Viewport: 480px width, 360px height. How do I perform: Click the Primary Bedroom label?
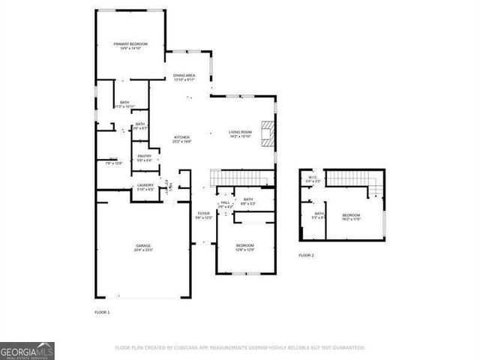pyautogui.click(x=130, y=44)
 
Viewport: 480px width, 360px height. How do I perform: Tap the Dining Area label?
pyautogui.click(x=184, y=76)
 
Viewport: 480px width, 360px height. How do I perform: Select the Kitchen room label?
pyautogui.click(x=181, y=137)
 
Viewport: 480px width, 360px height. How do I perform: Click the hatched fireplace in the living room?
pyautogui.click(x=268, y=132)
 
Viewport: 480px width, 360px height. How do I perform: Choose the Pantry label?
pyautogui.click(x=144, y=156)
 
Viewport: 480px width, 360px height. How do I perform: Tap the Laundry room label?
pyautogui.click(x=145, y=185)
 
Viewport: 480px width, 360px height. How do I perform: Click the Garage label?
pyautogui.click(x=143, y=246)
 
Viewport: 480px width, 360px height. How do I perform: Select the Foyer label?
pyautogui.click(x=203, y=214)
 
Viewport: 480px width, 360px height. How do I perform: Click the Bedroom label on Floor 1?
pyautogui.click(x=245, y=245)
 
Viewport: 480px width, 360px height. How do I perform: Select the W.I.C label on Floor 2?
pyautogui.click(x=313, y=178)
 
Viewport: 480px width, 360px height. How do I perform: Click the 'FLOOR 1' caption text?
pyautogui.click(x=102, y=311)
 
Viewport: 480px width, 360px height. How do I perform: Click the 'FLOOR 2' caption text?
pyautogui.click(x=306, y=256)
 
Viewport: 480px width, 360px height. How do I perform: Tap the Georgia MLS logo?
pyautogui.click(x=27, y=351)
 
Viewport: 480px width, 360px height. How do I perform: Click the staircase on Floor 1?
pyautogui.click(x=241, y=178)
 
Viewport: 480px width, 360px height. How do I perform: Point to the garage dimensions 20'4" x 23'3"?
pyautogui.click(x=143, y=250)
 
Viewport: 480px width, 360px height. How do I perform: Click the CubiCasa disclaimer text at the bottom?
pyautogui.click(x=239, y=348)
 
